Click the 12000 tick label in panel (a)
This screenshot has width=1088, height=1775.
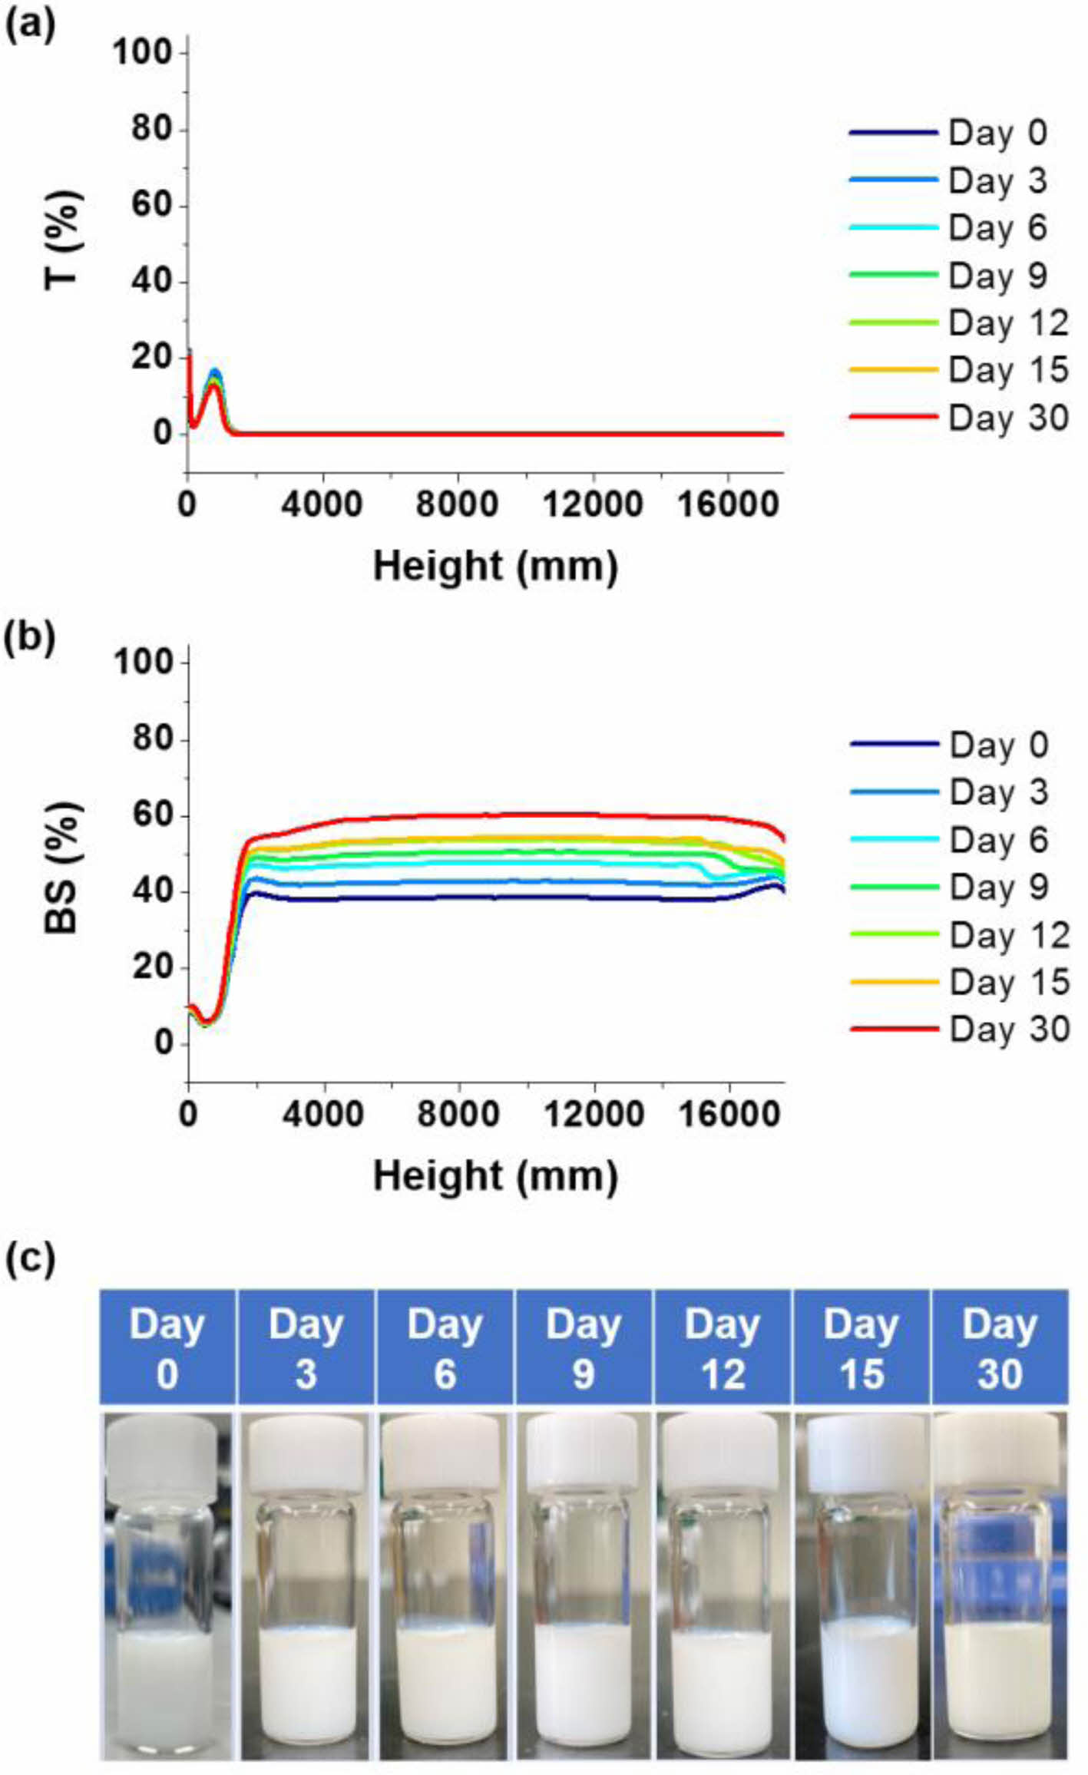coord(593,504)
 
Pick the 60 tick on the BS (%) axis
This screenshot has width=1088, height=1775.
coord(151,815)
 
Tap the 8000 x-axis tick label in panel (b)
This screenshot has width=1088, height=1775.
coord(458,1114)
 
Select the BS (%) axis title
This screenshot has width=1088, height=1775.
coord(63,868)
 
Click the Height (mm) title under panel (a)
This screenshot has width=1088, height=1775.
coord(495,567)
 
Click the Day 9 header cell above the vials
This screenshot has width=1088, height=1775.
coord(583,1347)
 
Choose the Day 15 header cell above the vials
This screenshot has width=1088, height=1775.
coord(861,1347)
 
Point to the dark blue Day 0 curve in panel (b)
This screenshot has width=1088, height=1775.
coord(537,897)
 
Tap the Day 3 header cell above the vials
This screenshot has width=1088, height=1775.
coord(306,1347)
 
